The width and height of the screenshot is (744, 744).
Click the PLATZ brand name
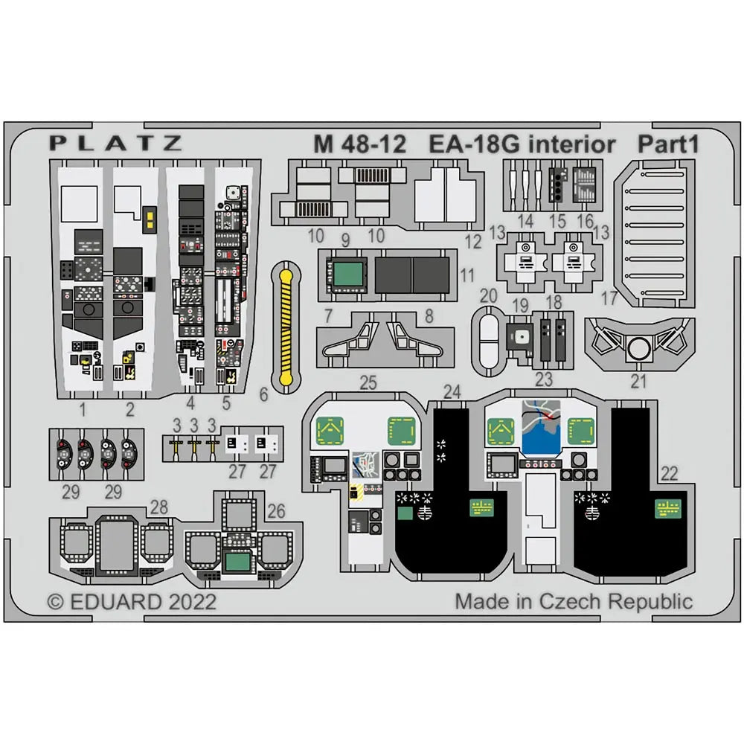point(116,143)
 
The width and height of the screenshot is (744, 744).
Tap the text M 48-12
point(359,144)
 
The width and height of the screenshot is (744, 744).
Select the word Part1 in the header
point(668,144)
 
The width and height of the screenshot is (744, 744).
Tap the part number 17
point(609,298)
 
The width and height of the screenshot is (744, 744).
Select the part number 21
point(638,381)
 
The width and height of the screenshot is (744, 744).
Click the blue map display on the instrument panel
point(541,434)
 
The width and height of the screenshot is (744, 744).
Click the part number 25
point(368,382)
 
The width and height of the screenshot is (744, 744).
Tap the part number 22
point(669,473)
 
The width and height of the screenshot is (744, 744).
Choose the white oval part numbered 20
point(488,341)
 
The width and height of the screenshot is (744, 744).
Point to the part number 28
point(159,507)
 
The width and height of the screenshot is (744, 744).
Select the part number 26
point(276,511)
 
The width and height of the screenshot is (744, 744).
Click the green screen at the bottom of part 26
point(238,562)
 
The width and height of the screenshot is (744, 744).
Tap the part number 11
point(467,275)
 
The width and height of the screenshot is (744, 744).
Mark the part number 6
point(264,394)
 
